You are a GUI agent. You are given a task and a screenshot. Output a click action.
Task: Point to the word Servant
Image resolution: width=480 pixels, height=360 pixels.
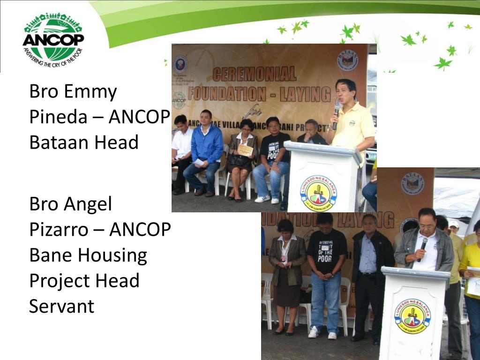click(x=61, y=306)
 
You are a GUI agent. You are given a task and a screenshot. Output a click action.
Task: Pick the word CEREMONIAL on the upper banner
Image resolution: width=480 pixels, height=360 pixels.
click(x=255, y=74)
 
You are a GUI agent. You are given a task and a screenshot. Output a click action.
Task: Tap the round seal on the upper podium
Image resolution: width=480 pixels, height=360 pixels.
click(x=319, y=193)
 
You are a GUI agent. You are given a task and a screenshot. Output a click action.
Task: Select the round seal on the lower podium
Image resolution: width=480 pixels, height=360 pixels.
click(x=412, y=315)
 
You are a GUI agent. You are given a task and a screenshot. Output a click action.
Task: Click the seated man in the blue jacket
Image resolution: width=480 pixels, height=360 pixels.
click(x=206, y=150)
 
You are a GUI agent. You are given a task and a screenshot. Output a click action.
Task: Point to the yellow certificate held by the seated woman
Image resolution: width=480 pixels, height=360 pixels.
click(x=245, y=150)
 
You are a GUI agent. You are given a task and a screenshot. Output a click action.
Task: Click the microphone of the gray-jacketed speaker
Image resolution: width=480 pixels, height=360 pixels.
click(x=422, y=247)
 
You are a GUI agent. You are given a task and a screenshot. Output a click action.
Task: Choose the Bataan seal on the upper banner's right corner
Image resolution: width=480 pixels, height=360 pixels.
click(x=347, y=60)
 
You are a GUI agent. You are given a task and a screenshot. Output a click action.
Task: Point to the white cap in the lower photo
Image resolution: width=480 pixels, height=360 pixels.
click(x=454, y=224)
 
